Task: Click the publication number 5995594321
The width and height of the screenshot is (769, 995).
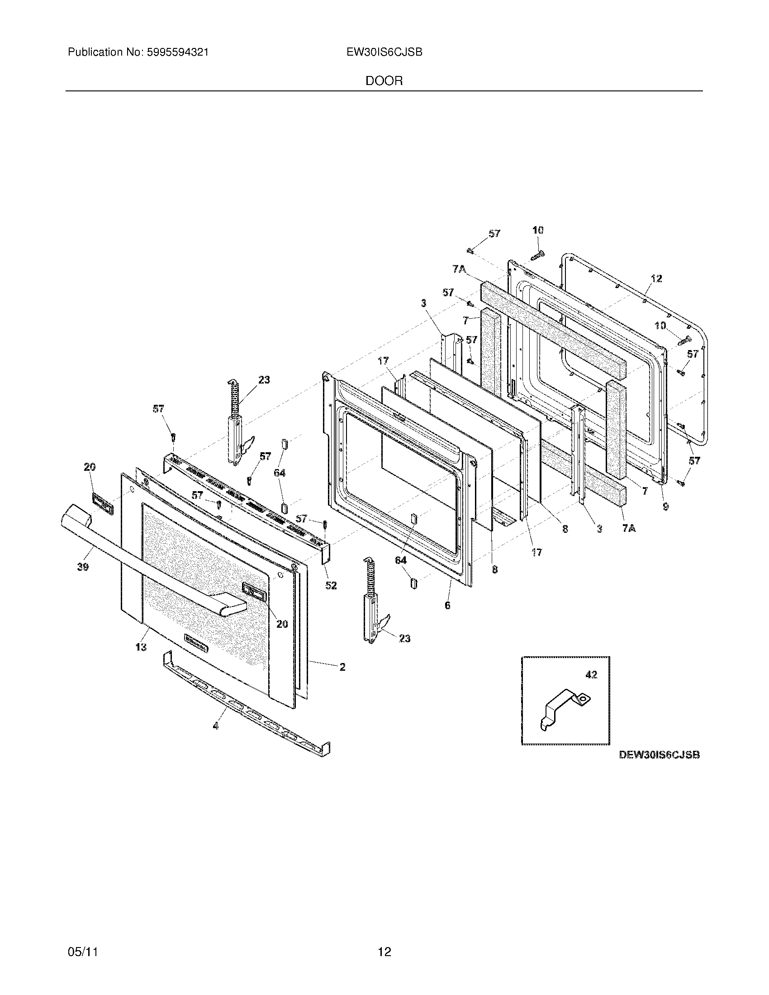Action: (178, 52)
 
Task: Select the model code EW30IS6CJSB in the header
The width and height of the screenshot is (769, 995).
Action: (384, 52)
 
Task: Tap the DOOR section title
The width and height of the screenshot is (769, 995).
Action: (384, 81)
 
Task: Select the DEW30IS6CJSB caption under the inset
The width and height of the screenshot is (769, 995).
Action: (659, 755)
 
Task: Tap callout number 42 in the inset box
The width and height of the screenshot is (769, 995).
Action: (591, 674)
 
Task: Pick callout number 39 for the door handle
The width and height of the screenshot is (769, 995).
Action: (83, 567)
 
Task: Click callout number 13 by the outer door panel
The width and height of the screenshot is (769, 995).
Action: (141, 646)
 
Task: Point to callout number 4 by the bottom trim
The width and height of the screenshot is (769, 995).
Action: (215, 726)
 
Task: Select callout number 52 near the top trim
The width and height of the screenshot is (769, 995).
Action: (331, 585)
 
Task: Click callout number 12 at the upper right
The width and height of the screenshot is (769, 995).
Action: (656, 278)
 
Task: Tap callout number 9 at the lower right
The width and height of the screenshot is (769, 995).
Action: (665, 506)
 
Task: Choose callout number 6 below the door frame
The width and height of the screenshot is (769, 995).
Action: (447, 605)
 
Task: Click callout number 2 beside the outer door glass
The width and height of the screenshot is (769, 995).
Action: (342, 667)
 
